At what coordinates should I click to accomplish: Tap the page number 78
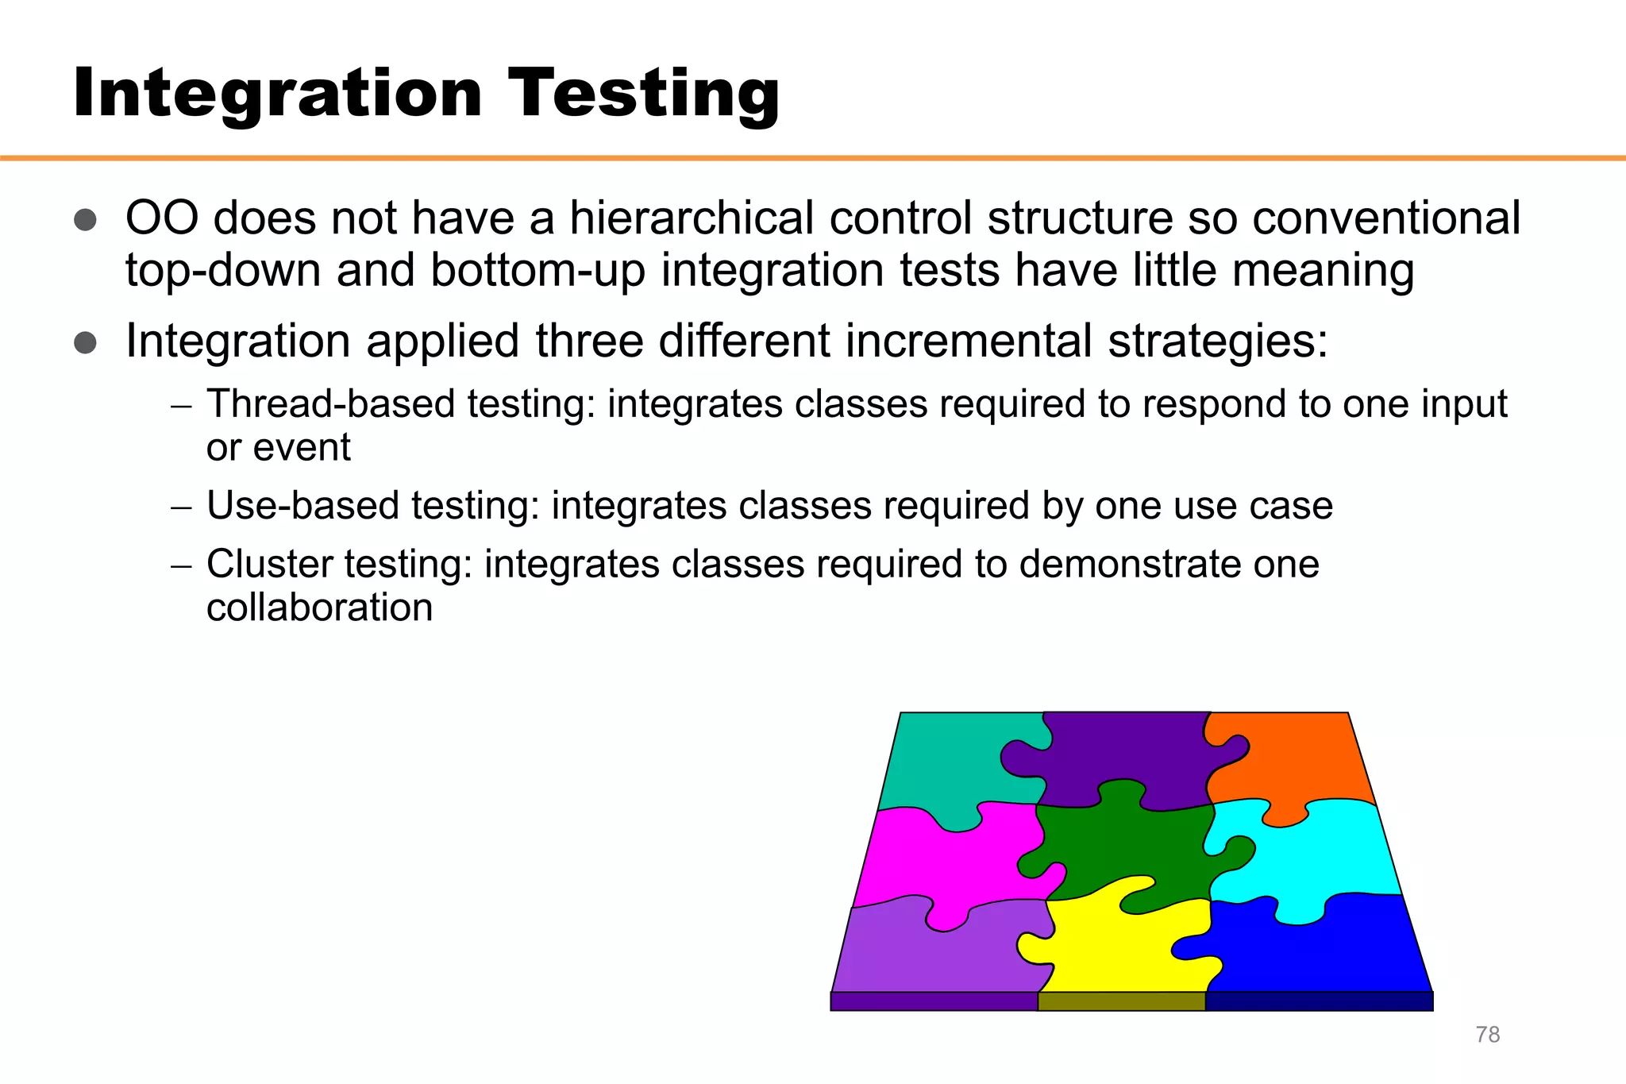pos(1487,1035)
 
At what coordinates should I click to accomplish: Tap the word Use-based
pos(302,506)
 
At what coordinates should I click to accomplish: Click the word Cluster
pos(269,565)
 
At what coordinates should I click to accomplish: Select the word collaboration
pos(319,608)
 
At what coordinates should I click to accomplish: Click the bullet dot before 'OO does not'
pos(85,220)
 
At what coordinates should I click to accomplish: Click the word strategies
pos(1217,341)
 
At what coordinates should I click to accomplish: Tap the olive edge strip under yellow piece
pos(1121,1001)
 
